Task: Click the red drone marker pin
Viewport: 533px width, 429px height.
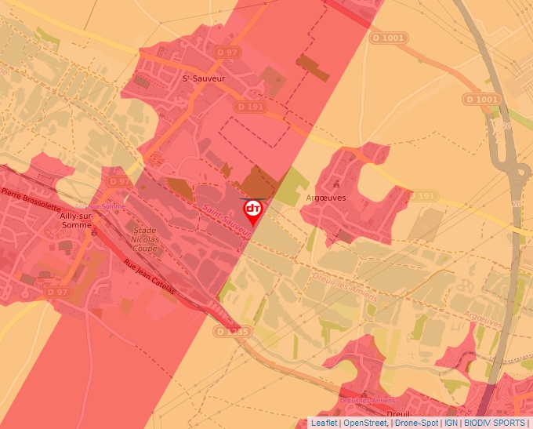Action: [x=253, y=210]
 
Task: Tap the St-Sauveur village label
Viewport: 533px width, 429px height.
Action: [x=204, y=78]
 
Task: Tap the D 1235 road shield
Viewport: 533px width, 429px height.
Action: [x=232, y=332]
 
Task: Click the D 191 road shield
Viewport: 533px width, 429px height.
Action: [x=251, y=107]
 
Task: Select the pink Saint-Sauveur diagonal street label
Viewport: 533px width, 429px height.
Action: [x=225, y=221]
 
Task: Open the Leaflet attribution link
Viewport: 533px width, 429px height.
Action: [x=324, y=423]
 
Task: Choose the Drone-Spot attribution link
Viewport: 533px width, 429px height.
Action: [x=417, y=423]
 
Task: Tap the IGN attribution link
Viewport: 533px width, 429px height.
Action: [x=451, y=423]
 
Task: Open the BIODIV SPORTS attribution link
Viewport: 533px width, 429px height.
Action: [x=494, y=423]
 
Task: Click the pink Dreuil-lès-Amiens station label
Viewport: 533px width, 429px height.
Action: [x=367, y=400]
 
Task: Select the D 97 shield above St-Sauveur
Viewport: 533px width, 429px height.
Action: [x=228, y=52]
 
